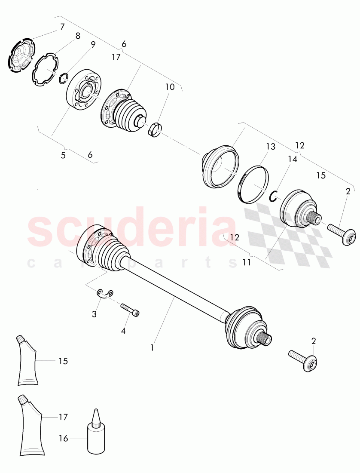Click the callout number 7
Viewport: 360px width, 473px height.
pyautogui.click(x=62, y=27)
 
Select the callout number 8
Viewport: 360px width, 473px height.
pyautogui.click(x=78, y=36)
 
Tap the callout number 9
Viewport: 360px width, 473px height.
pyautogui.click(x=93, y=44)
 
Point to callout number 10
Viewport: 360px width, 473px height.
pyautogui.click(x=170, y=87)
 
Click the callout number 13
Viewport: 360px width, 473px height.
pyautogui.click(x=270, y=147)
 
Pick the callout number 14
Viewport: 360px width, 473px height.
pyautogui.click(x=292, y=159)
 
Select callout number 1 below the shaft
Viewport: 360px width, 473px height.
pyautogui.click(x=152, y=347)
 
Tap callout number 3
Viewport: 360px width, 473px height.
pyautogui.click(x=94, y=314)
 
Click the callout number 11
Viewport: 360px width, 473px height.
pyautogui.click(x=246, y=262)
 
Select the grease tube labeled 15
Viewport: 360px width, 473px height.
pyautogui.click(x=27, y=361)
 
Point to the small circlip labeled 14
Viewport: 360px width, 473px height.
pyautogui.click(x=273, y=196)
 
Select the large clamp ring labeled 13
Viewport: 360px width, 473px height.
pyautogui.click(x=254, y=183)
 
